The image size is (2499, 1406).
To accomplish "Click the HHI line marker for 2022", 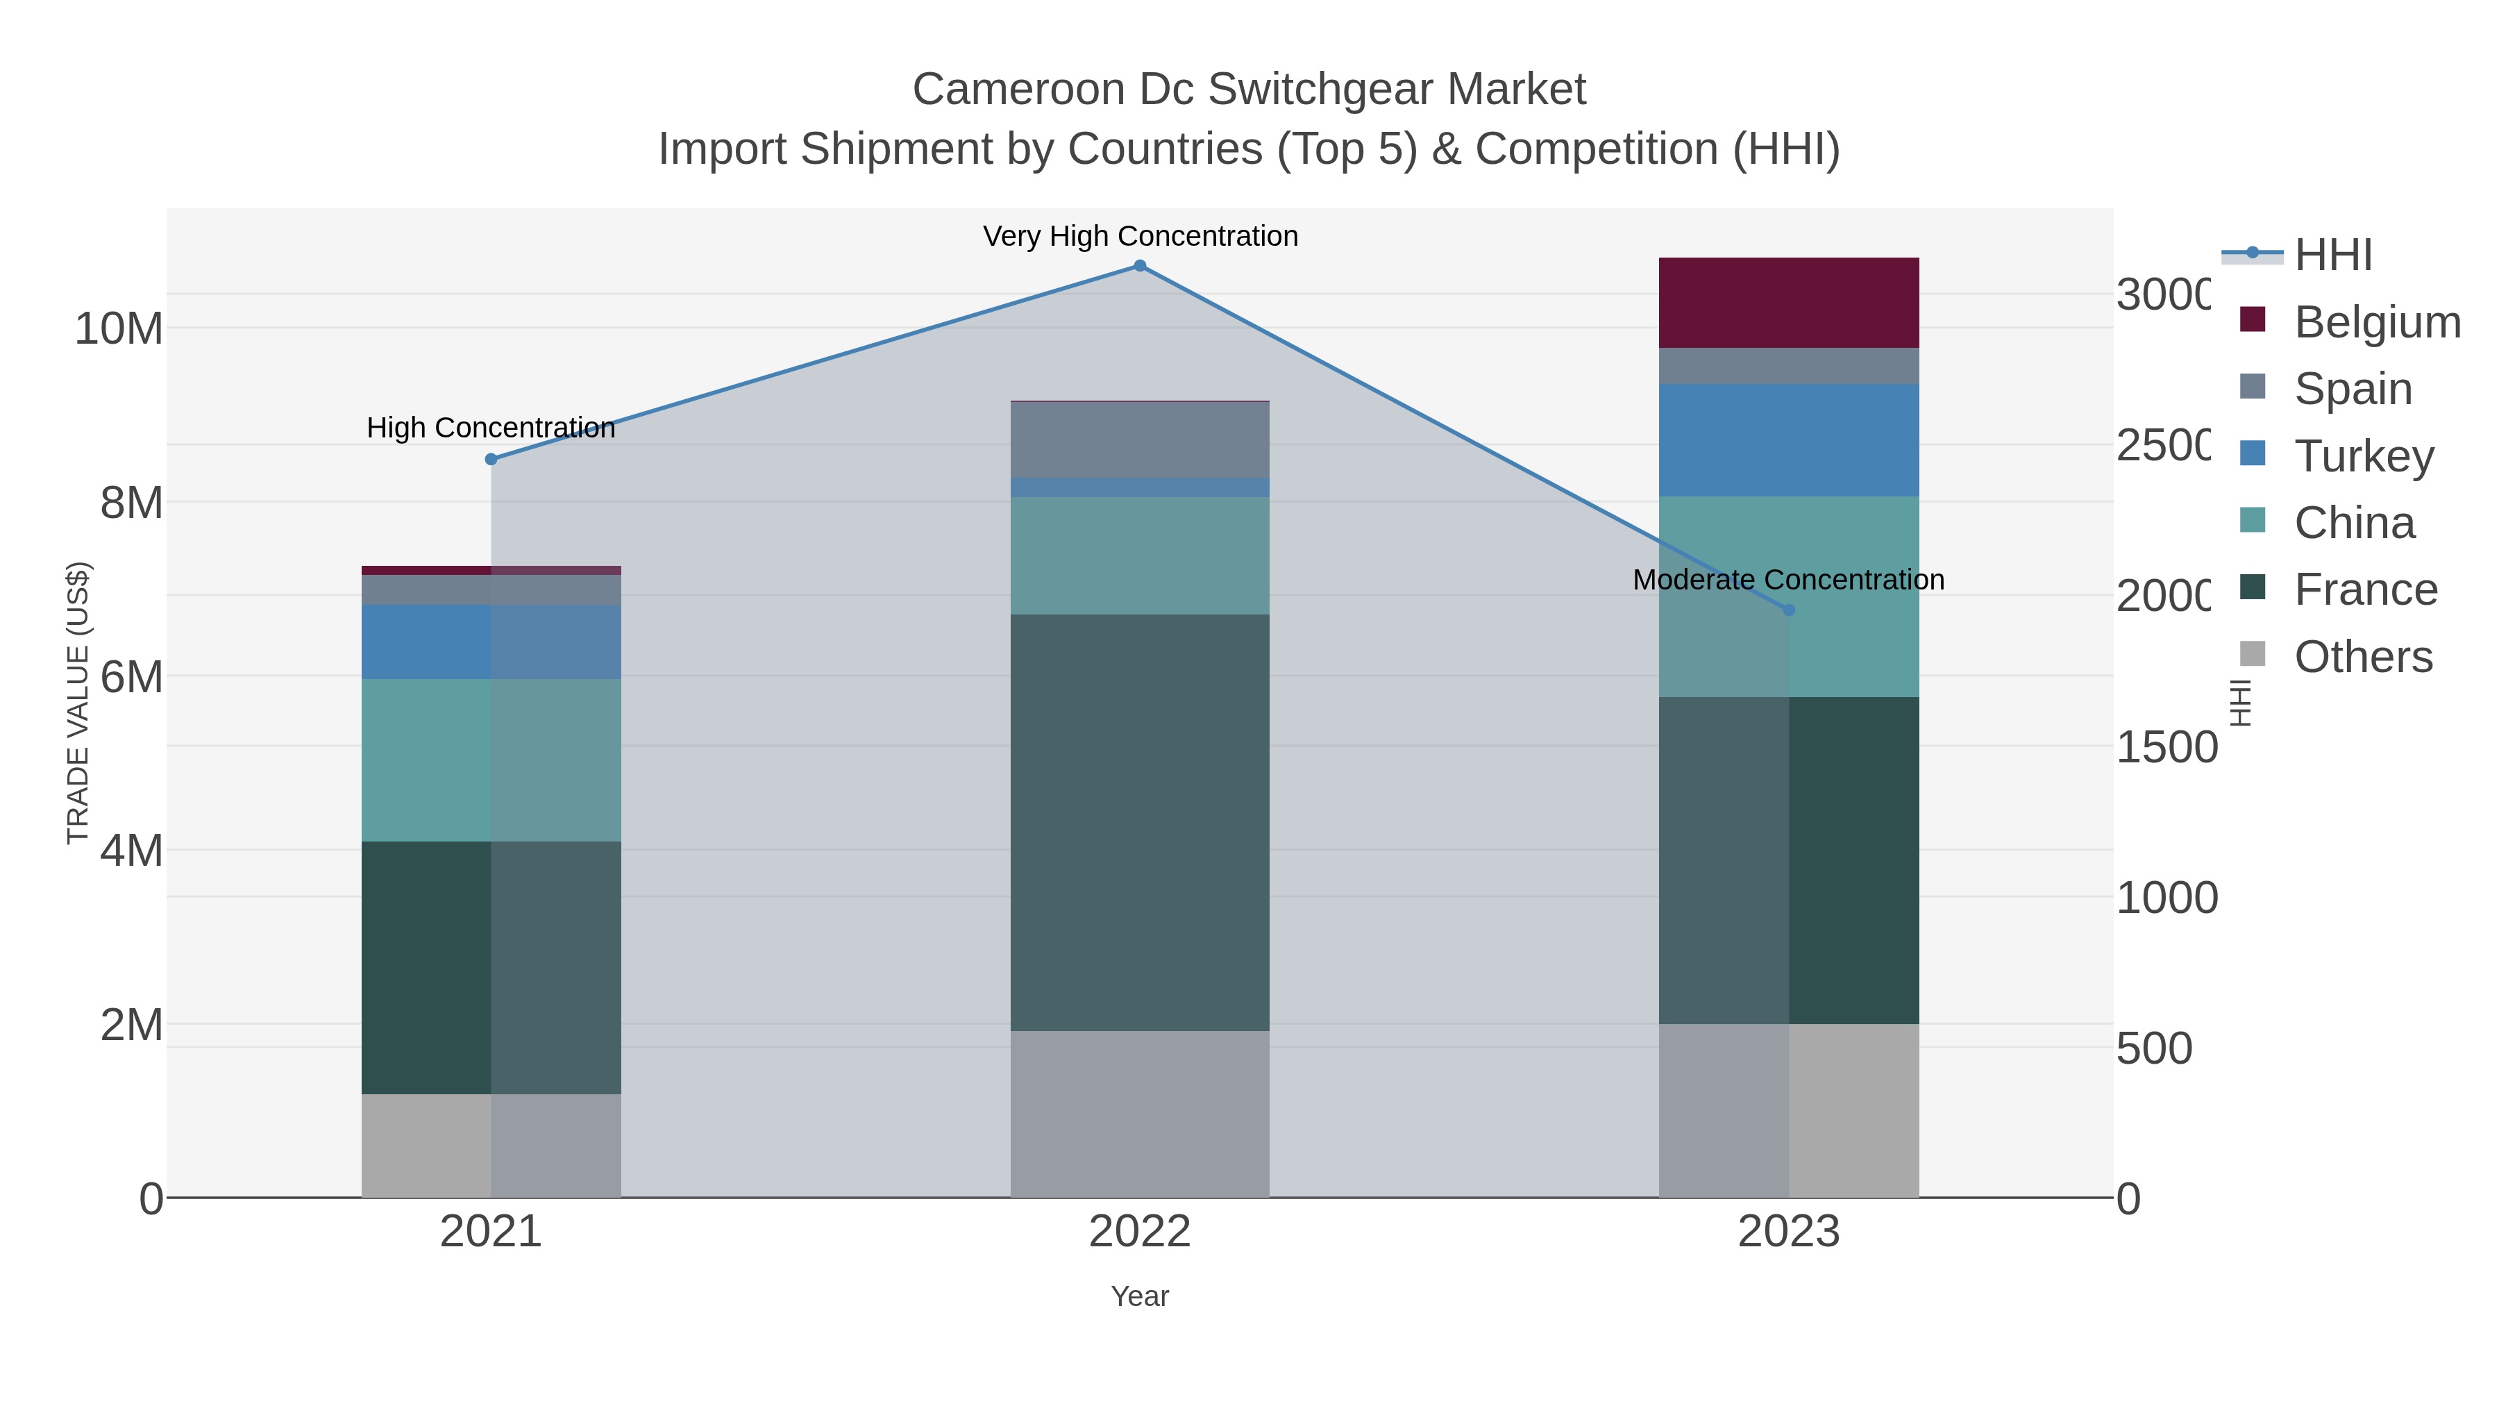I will (1140, 266).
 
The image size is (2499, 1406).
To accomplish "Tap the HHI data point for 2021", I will (491, 459).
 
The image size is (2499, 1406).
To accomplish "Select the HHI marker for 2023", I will (1789, 610).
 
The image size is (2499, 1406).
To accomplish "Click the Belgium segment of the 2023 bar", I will (1789, 303).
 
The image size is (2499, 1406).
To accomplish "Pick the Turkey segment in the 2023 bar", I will (1789, 440).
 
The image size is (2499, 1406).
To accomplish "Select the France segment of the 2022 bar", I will (1140, 822).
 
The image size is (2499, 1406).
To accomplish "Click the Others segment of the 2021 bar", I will (491, 1145).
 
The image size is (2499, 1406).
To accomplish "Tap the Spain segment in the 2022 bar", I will (1140, 440).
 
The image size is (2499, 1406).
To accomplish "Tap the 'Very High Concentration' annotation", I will (1140, 236).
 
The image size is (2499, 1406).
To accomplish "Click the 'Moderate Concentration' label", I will (1788, 579).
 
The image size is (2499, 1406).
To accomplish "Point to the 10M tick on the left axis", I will (118, 329).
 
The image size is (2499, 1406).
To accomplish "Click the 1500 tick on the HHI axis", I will (2165, 747).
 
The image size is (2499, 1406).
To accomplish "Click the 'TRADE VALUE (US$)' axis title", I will (78, 703).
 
